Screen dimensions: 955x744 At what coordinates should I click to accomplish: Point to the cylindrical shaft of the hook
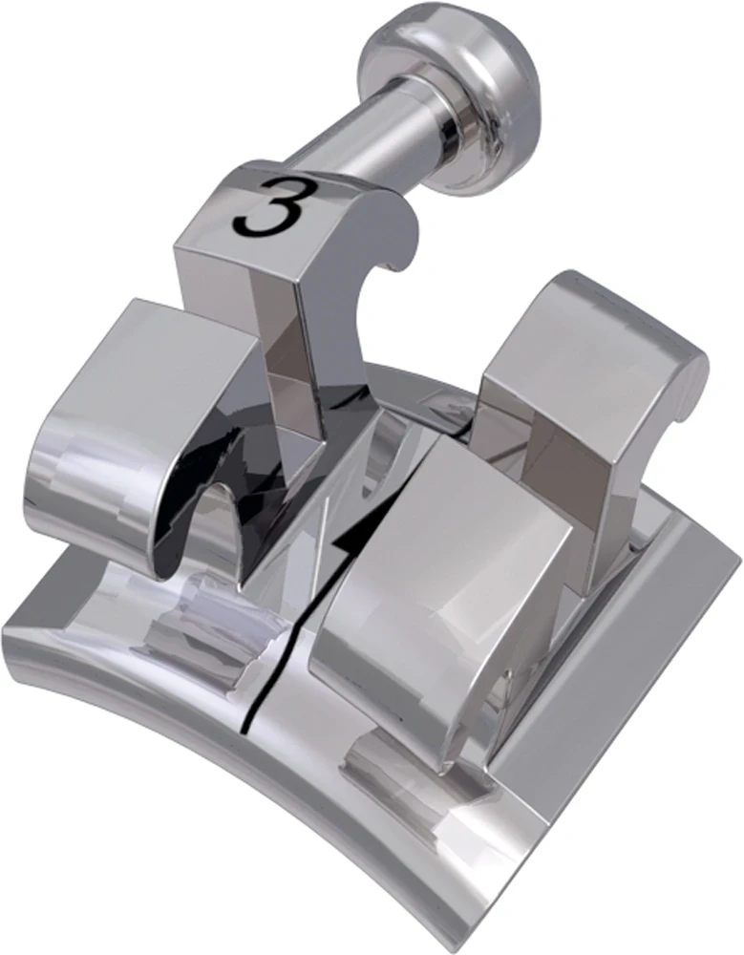tap(344, 143)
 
